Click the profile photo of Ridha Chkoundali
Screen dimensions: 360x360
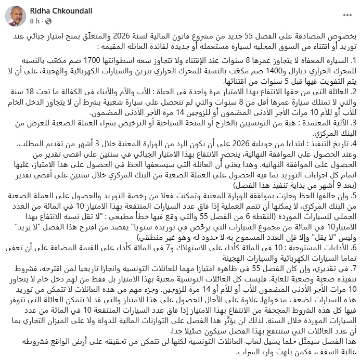(16, 15)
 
